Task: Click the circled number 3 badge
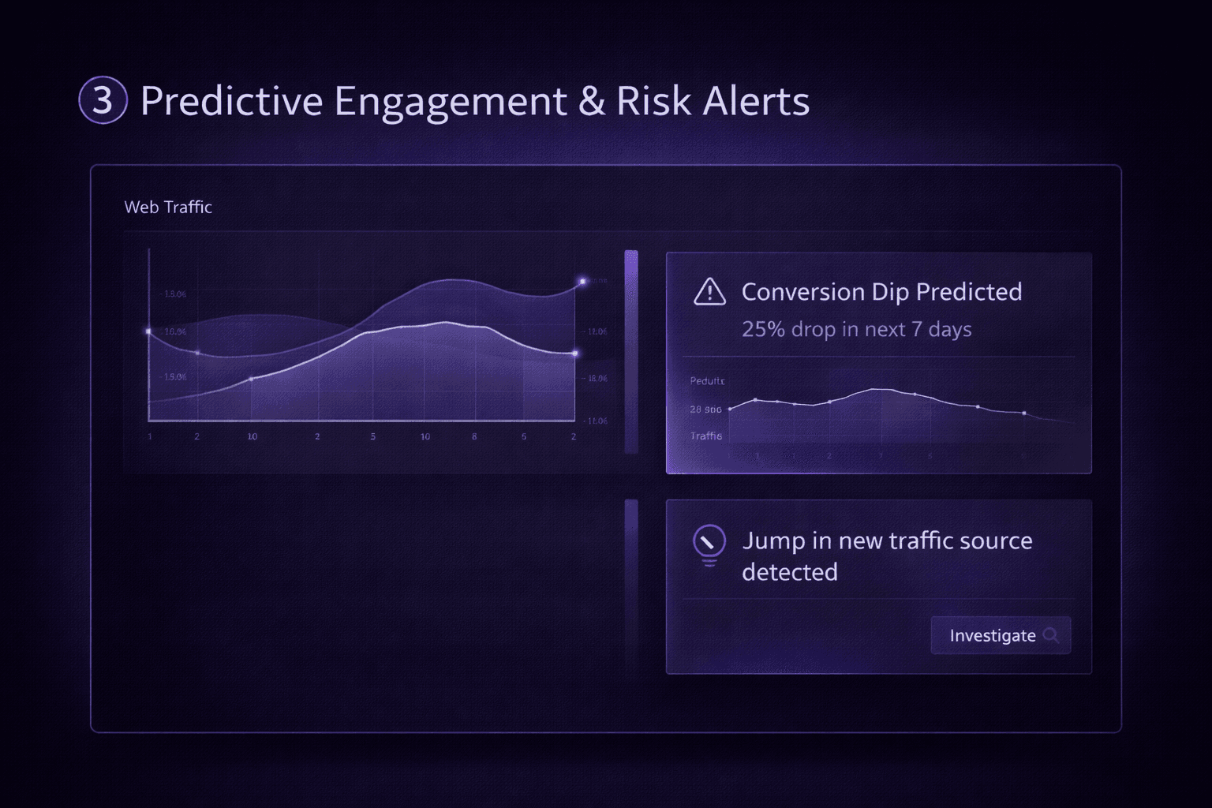103,100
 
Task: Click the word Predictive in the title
231,101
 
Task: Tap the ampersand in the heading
592,101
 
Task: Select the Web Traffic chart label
168,208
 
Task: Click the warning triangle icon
709,292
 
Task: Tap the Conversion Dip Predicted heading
881,292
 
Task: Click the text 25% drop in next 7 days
856,329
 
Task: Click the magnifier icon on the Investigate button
1050,635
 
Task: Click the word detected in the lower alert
789,572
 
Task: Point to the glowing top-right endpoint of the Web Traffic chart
583,281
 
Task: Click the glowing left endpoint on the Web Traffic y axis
148,331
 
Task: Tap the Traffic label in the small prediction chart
705,436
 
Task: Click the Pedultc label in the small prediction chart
707,381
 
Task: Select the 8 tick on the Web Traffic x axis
474,436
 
